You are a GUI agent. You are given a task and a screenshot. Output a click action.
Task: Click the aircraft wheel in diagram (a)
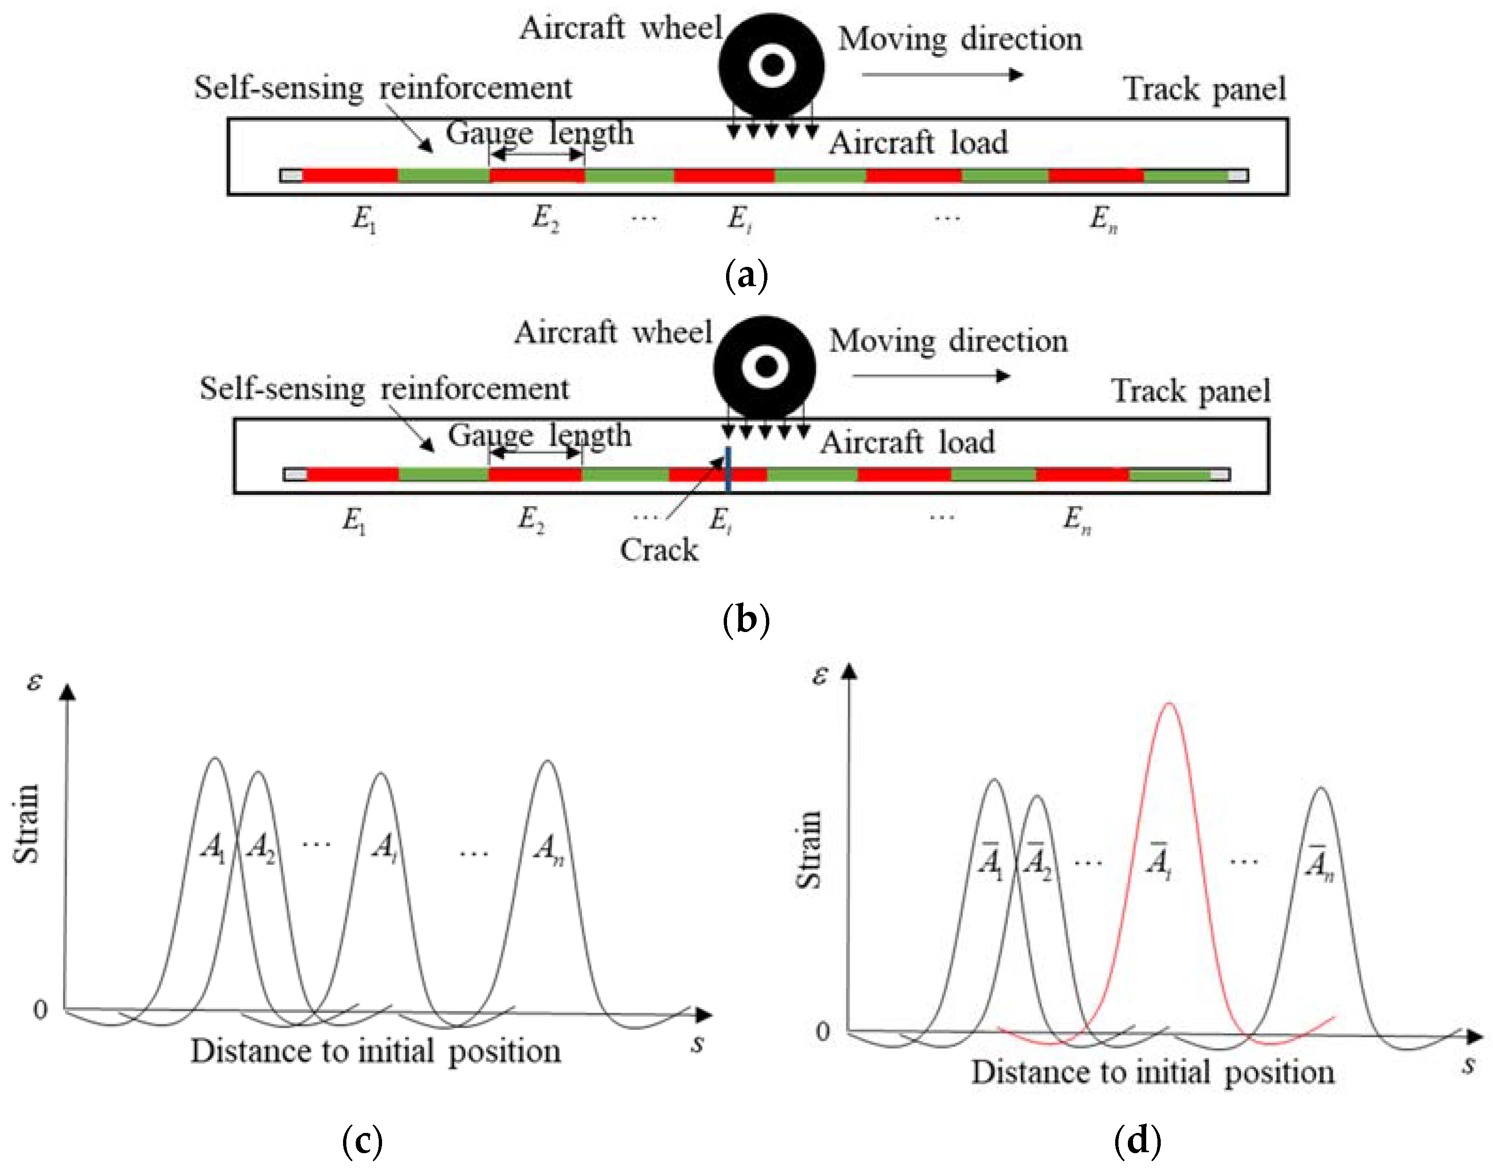[772, 66]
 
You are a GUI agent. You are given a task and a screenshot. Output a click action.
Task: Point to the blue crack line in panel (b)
[728, 469]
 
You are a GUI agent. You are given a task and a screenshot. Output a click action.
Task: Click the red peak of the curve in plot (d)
[1169, 706]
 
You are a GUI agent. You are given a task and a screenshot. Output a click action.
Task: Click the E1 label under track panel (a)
[364, 220]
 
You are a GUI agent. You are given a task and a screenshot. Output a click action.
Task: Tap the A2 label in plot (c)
[260, 849]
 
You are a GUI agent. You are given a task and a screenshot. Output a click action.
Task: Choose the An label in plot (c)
[549, 850]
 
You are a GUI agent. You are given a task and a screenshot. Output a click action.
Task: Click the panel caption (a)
[746, 276]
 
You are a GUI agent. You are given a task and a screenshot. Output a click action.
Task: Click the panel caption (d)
[1138, 1140]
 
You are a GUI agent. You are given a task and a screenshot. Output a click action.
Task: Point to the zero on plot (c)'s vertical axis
[40, 1010]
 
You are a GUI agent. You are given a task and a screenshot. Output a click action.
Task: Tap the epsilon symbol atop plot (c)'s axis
[34, 682]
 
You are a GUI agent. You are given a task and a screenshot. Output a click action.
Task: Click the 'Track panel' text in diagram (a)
[1204, 90]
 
